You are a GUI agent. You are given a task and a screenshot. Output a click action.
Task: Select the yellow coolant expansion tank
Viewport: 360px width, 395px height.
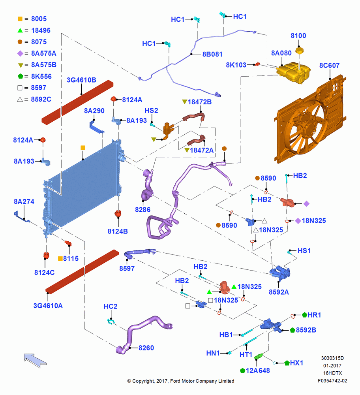click(293, 72)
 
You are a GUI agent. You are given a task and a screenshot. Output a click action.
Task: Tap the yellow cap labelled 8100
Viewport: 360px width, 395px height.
click(299, 51)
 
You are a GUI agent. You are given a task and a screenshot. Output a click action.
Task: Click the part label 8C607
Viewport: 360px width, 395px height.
click(329, 66)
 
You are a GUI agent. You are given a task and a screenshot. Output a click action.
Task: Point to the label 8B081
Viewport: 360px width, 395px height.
click(212, 54)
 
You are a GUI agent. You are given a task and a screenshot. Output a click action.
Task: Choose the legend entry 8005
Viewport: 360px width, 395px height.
click(39, 19)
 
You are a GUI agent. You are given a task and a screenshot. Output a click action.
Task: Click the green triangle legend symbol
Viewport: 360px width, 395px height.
click(20, 30)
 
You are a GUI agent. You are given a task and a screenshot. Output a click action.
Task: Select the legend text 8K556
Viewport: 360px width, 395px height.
click(41, 76)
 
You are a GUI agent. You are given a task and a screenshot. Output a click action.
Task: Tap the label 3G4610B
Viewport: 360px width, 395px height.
click(81, 80)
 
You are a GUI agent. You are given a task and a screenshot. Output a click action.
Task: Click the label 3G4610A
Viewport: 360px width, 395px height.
click(48, 306)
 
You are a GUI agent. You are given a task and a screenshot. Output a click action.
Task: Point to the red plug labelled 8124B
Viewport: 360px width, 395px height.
click(118, 214)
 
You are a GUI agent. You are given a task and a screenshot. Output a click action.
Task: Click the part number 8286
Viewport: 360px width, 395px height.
click(142, 210)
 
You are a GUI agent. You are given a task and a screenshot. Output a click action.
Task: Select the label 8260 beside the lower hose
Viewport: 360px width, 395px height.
click(146, 348)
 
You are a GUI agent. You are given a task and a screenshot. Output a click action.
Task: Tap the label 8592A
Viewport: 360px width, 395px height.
click(279, 292)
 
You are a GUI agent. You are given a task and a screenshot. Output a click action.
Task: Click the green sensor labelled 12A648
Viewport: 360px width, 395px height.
click(259, 356)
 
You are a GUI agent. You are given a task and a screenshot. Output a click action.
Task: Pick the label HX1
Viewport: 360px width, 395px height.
click(296, 363)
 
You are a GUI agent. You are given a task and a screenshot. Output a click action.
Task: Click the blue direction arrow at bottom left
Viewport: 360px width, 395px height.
click(35, 360)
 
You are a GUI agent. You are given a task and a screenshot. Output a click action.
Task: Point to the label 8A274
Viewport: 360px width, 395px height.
click(24, 201)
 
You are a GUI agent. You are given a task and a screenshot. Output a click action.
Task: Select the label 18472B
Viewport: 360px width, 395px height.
click(199, 102)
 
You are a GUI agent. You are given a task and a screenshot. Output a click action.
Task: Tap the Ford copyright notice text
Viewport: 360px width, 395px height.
click(181, 381)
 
